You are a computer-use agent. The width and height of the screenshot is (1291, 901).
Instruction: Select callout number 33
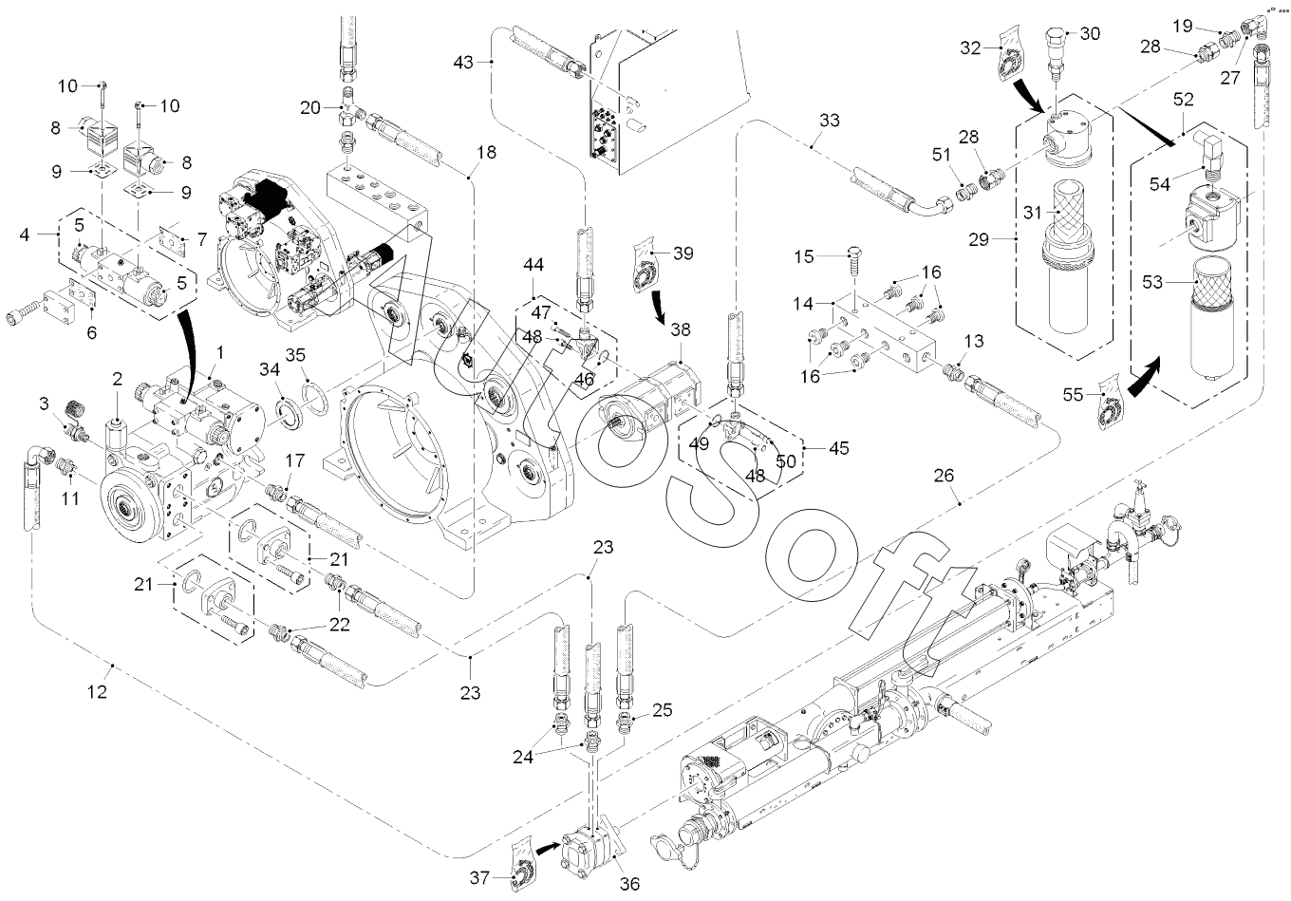pos(829,121)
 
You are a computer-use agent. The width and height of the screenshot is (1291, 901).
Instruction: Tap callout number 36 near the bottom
pos(628,884)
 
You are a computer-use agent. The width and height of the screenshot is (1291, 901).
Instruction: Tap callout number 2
pos(117,379)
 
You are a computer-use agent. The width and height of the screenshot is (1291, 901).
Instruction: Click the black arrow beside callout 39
pos(657,309)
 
